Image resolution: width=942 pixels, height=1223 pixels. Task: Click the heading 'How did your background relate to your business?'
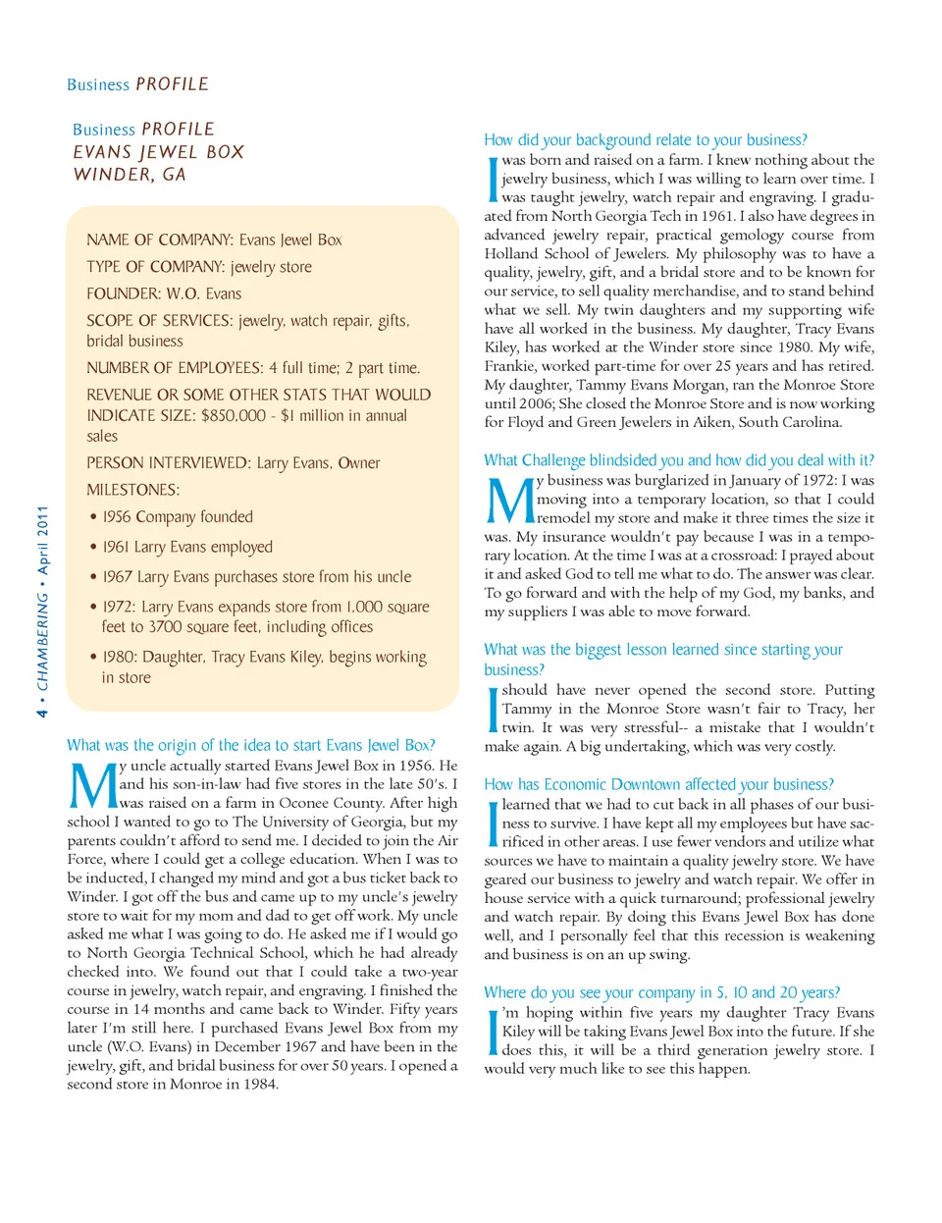(645, 140)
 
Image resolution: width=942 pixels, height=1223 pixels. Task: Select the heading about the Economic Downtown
(658, 784)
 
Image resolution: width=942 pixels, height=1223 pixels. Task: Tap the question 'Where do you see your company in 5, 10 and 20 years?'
(661, 992)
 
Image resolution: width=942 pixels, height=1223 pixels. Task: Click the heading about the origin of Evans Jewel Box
(250, 745)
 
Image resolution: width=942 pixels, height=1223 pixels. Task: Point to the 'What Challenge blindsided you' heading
(678, 460)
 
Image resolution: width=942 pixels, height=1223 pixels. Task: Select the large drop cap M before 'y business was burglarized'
(509, 501)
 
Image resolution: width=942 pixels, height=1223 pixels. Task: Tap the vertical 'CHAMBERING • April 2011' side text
(42, 611)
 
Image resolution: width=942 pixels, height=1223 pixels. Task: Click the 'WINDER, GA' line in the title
(130, 175)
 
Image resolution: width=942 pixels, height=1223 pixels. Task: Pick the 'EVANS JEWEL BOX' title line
(158, 152)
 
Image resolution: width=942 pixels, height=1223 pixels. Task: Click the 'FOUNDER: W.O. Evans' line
(164, 293)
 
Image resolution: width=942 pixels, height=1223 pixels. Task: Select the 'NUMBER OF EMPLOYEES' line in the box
(253, 368)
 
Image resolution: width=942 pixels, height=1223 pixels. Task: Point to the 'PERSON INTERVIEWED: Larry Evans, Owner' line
(233, 462)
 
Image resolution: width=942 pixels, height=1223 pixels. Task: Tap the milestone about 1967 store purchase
(256, 577)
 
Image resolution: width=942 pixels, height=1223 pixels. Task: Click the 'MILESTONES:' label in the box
(132, 490)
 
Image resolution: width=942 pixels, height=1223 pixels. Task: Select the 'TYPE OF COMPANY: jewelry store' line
(199, 267)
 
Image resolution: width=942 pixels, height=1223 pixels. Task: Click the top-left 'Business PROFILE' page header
(137, 84)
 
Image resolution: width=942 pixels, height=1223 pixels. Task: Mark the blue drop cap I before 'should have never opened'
(493, 709)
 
